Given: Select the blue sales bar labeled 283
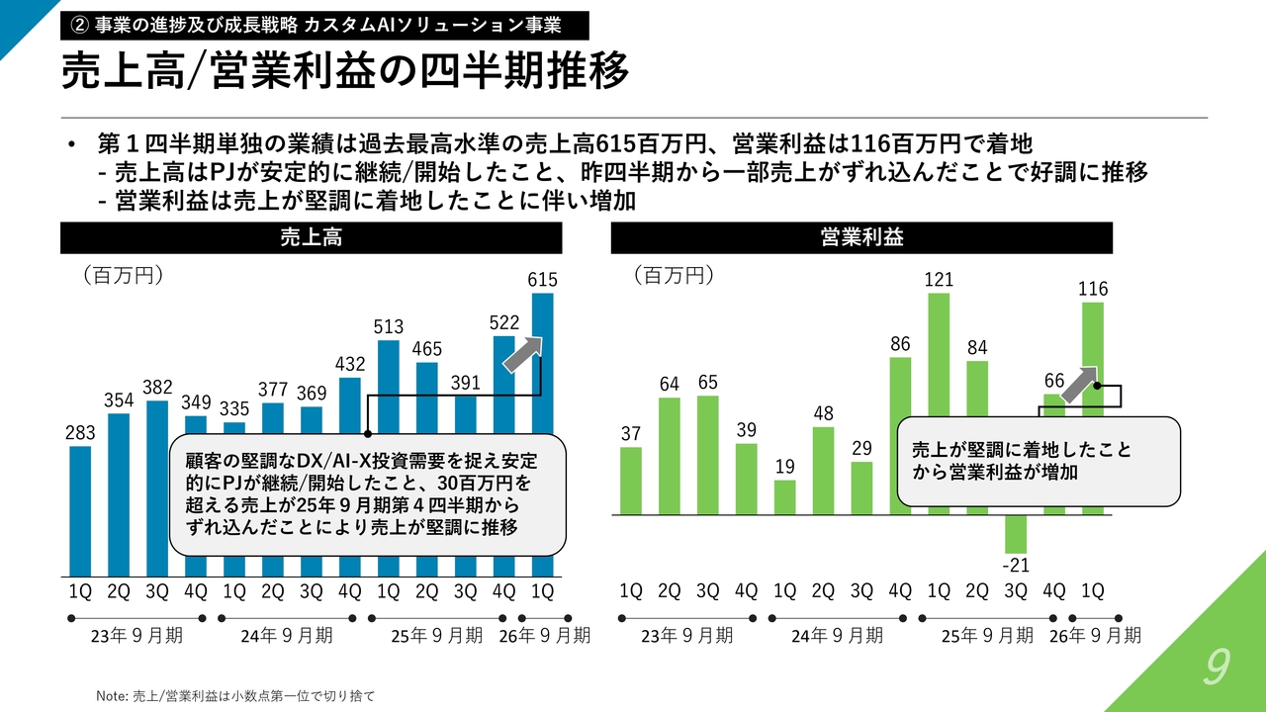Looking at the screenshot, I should tap(80, 510).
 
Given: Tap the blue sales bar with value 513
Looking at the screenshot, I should tap(389, 386).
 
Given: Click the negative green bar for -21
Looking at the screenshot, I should tap(1016, 534).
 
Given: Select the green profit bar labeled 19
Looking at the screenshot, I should tap(784, 497).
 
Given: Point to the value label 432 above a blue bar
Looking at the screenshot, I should tap(349, 364).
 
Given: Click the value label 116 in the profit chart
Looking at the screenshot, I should tap(1093, 289).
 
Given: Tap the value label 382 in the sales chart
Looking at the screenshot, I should tap(157, 387).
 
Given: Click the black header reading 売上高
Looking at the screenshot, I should tap(312, 237).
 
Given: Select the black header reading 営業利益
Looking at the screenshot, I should tap(861, 237).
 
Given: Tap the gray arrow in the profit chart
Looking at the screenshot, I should tap(1079, 383).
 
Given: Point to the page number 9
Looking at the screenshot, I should tap(1216, 669).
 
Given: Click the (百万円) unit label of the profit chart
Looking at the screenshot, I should tap(673, 276).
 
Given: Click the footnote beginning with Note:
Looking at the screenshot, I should tap(235, 696).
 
